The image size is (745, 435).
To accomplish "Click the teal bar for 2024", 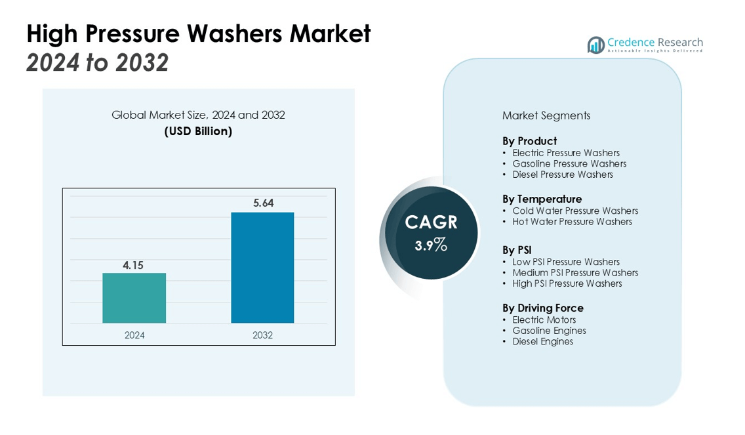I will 134,298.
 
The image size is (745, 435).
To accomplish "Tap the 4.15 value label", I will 133,266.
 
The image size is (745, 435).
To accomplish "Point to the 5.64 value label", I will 263,203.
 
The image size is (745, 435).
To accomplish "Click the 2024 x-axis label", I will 134,335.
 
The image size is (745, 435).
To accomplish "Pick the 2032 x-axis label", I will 262,335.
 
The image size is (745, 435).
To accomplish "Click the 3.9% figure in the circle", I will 431,245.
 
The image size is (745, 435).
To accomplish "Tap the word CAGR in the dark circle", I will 431,222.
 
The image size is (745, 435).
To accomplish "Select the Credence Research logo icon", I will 596,45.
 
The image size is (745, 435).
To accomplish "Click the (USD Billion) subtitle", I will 198,131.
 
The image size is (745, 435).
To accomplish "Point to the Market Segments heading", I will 546,115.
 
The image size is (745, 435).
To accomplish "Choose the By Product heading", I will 529,141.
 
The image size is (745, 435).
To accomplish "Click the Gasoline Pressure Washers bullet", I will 569,164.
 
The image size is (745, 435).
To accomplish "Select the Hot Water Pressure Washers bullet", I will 572,222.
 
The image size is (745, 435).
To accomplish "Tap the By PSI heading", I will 517,250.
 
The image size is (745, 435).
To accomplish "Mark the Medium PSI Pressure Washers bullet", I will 575,273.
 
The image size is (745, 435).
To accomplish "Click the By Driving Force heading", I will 542,308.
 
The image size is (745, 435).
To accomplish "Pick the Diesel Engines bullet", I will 542,342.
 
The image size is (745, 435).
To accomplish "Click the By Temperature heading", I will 542,199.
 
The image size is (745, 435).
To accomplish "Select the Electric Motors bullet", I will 544,320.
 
